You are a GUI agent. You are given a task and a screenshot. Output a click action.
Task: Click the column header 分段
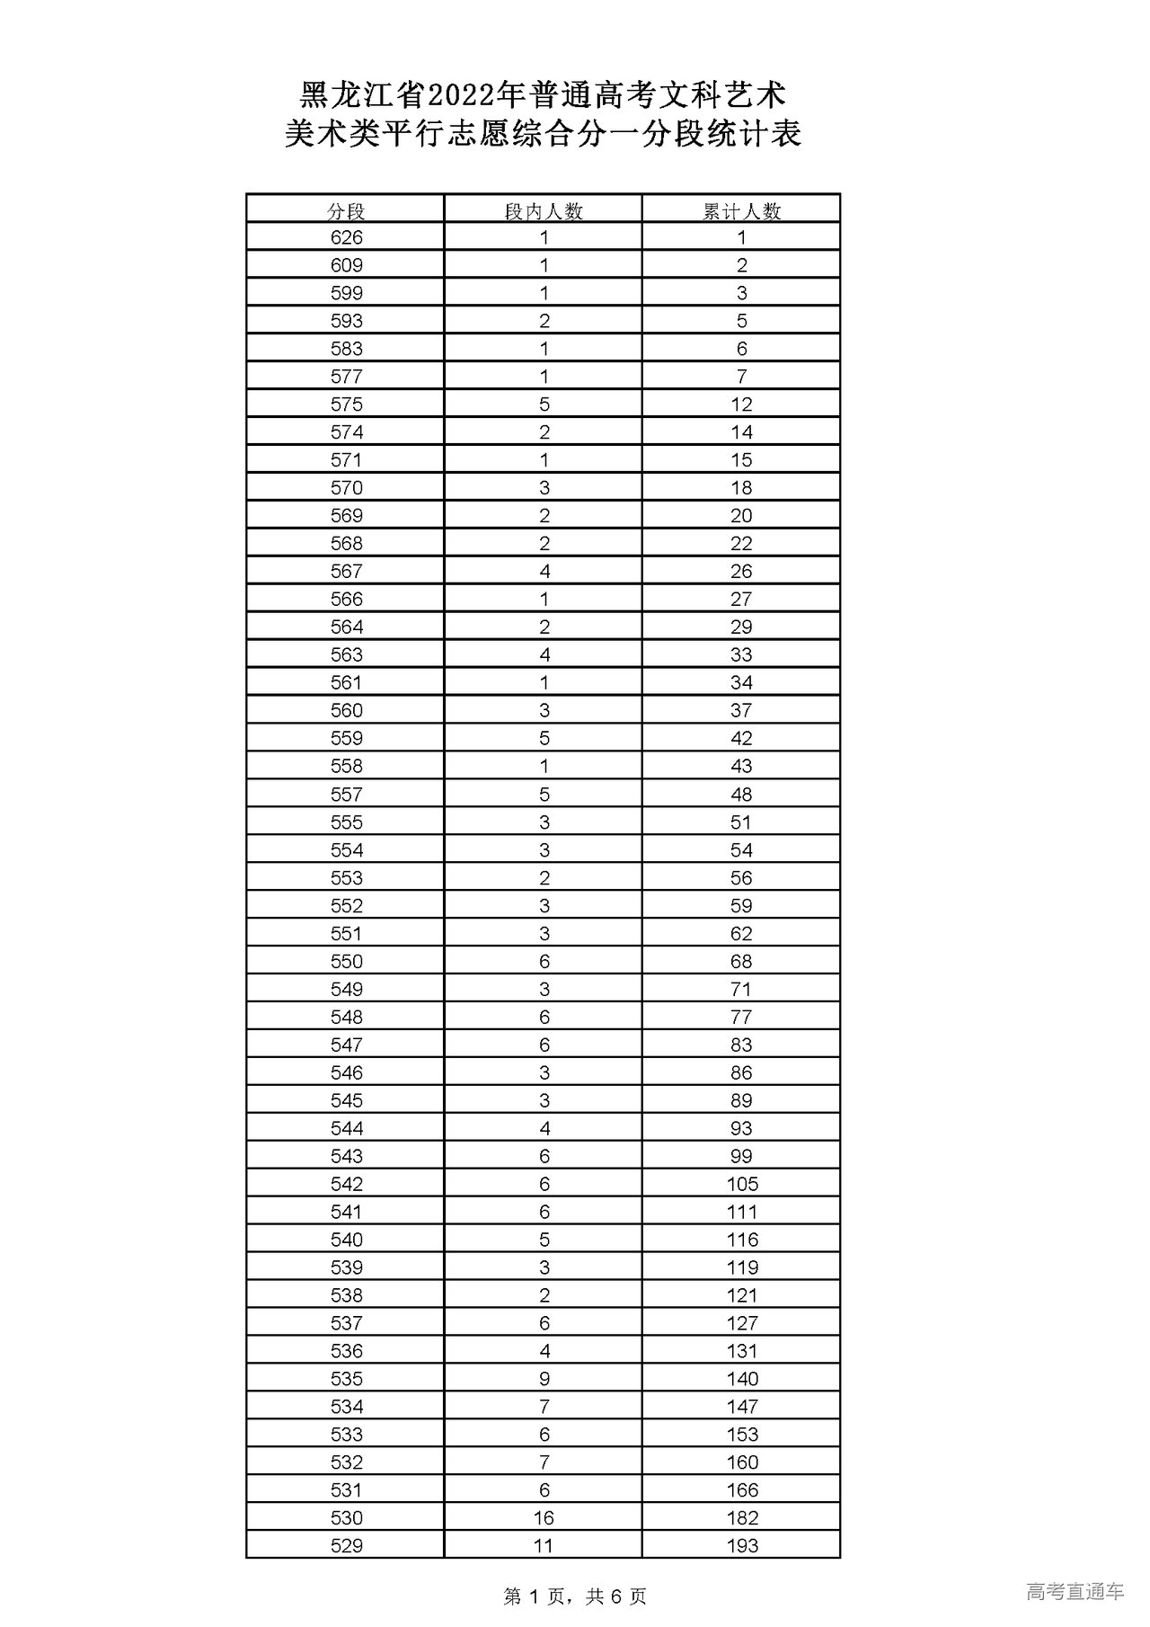346,211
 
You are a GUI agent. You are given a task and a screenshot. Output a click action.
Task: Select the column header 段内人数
544,211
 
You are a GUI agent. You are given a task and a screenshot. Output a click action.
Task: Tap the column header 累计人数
741,211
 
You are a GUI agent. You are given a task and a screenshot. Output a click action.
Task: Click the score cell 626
346,238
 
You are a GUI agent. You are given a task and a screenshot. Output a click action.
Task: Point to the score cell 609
346,266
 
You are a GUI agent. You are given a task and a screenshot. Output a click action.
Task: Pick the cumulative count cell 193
742,1546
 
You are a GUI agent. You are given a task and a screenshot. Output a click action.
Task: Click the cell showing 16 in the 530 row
544,1518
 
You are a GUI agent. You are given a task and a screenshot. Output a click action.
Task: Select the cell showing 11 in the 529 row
544,1546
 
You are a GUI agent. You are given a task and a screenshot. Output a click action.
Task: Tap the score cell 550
346,962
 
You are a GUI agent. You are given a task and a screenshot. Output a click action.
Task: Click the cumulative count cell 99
741,1157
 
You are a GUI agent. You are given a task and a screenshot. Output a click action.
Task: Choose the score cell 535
346,1379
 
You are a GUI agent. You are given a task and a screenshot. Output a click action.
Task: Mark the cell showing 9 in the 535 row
544,1379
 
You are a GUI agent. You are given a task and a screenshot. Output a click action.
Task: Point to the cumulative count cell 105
742,1185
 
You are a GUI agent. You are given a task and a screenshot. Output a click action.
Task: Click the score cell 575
346,405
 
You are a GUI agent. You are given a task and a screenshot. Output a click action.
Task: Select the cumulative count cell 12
741,405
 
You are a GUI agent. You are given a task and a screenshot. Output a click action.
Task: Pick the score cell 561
346,683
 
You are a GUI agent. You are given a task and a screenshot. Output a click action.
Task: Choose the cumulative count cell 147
742,1407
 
